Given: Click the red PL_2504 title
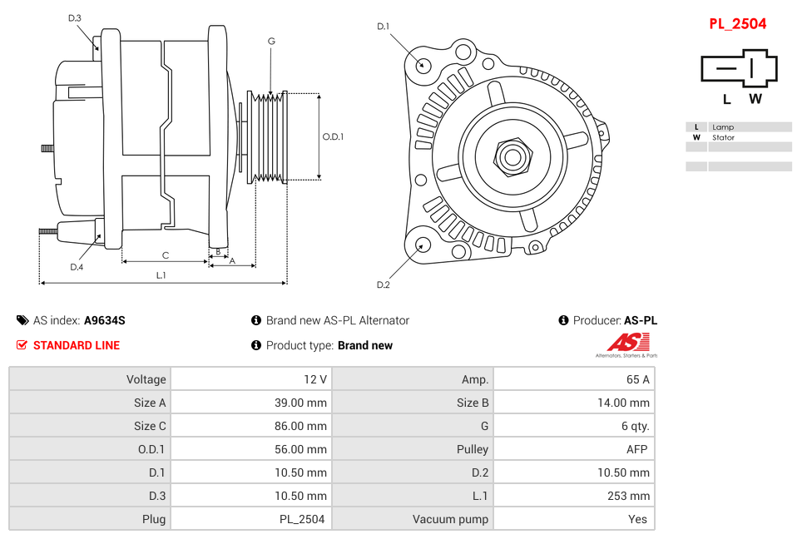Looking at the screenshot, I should point(737,24).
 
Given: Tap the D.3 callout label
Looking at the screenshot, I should point(75,18).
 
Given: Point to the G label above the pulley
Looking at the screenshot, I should point(271,41).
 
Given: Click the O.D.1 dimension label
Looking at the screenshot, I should point(333,137).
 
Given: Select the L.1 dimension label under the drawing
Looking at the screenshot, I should point(161,274).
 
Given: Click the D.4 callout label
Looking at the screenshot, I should point(77,267).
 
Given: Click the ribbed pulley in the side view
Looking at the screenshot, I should point(269,136).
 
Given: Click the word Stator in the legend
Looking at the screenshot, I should point(723,137).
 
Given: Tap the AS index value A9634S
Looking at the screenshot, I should point(105,320).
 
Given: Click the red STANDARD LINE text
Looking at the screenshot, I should point(77,345).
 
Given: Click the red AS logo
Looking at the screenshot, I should point(627,342).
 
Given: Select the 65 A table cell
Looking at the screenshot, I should point(573,379).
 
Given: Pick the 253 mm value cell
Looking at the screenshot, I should point(573,496).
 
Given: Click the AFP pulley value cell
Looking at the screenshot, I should point(573,449).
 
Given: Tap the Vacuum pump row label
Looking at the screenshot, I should point(450,519).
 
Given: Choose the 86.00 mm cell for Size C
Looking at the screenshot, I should point(250,426).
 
